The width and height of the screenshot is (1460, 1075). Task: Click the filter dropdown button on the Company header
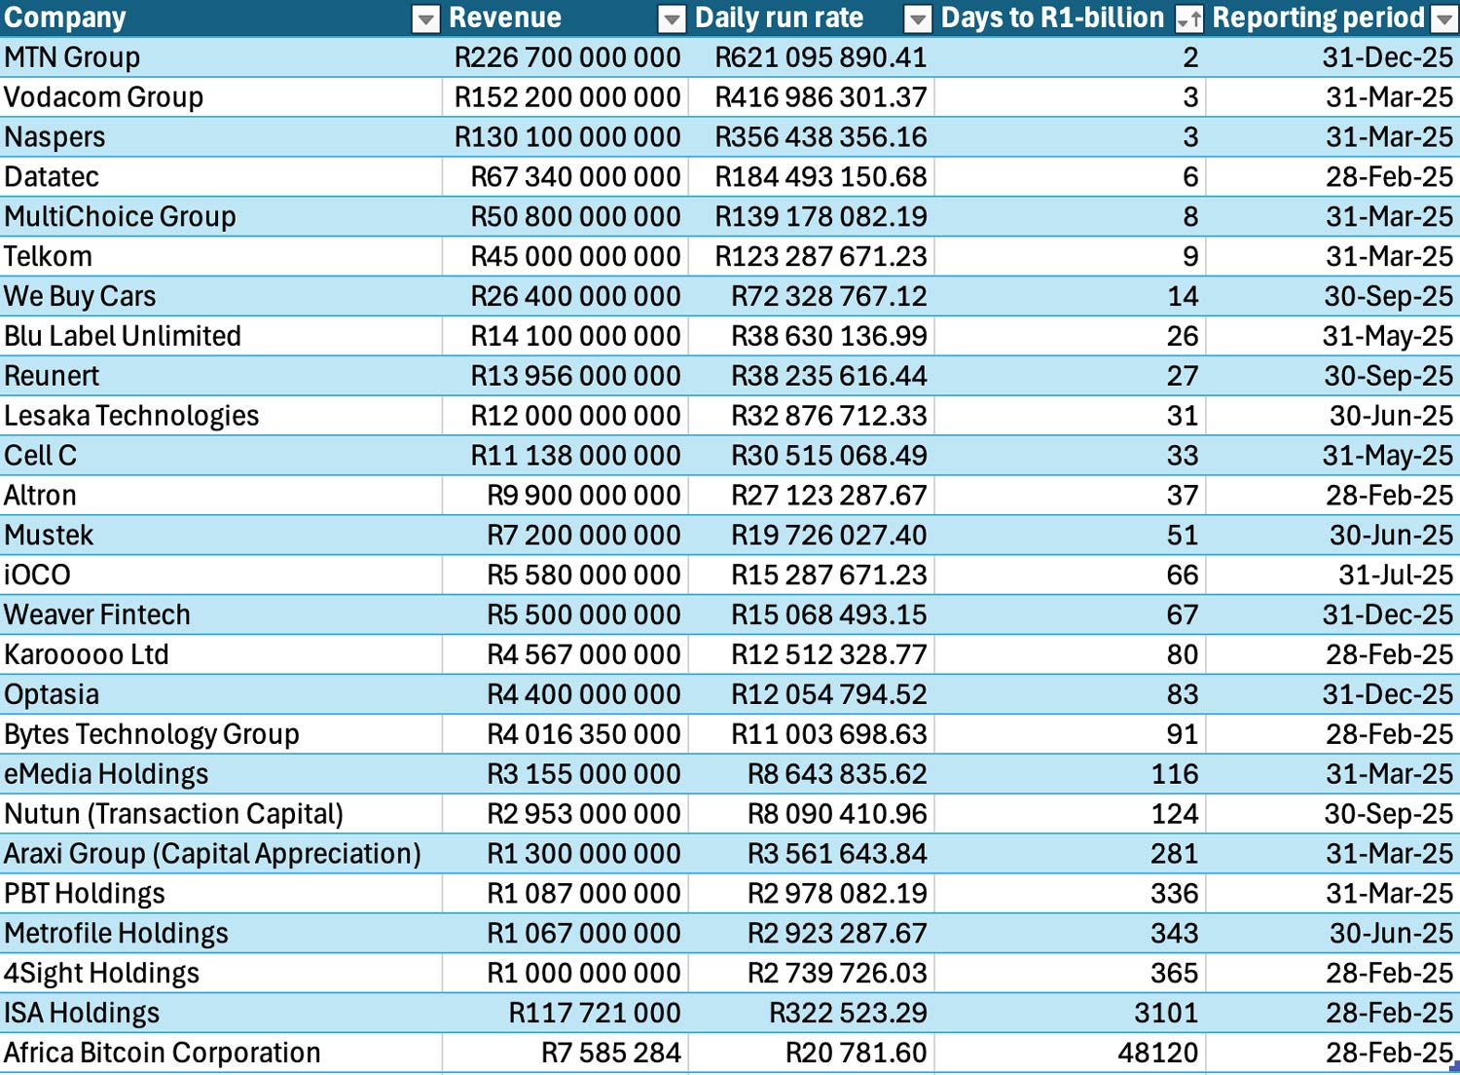point(425,19)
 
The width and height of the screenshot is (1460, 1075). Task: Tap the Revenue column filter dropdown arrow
point(672,19)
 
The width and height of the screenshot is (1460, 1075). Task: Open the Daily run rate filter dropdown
point(918,19)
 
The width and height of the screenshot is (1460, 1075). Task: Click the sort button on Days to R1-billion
point(1188,19)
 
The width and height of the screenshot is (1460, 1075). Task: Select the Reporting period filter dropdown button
point(1443,19)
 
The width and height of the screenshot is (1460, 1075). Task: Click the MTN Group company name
point(72,57)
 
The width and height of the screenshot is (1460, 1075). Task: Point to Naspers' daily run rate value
point(821,137)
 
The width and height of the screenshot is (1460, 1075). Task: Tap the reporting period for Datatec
point(1389,177)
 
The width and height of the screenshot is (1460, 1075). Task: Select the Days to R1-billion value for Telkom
point(1189,257)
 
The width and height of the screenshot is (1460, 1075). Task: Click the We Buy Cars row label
point(80,296)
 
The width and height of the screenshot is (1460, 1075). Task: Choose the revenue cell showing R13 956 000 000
point(575,376)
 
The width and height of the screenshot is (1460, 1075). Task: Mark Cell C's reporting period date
point(1387,456)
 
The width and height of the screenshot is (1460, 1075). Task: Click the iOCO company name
point(37,575)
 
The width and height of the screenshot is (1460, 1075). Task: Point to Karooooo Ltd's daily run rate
point(828,654)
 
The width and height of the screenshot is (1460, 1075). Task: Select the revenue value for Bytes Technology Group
point(583,734)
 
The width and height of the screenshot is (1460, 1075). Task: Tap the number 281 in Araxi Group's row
point(1174,854)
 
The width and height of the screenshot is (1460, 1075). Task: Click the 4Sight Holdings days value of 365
point(1174,973)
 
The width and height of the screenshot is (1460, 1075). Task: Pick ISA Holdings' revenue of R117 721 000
point(594,1013)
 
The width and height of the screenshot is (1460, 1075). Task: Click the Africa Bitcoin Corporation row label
point(163,1053)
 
